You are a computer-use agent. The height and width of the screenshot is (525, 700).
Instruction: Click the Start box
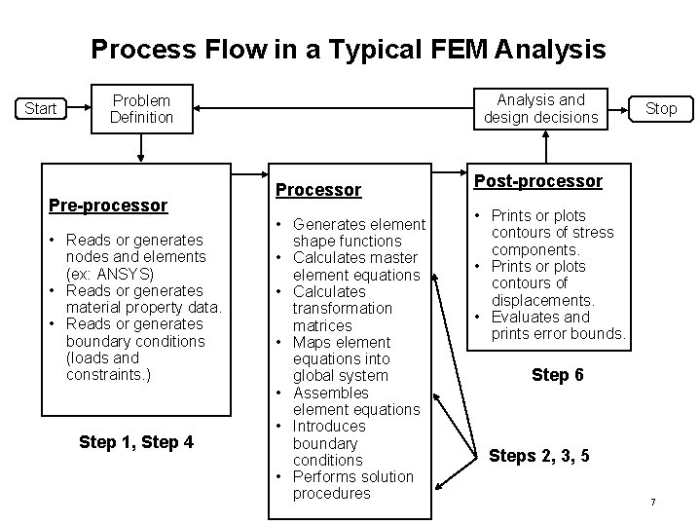point(40,108)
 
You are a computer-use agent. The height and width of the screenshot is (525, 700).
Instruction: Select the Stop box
point(661,108)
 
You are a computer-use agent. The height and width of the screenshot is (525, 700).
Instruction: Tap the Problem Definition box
point(141,109)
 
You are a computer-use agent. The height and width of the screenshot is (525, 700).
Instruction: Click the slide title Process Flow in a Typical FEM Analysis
point(348,49)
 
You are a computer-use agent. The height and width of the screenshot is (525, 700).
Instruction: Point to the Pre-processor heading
point(108,206)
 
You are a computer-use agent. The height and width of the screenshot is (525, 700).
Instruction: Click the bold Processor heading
point(318,190)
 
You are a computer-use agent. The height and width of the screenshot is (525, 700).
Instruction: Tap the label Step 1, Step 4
point(135,442)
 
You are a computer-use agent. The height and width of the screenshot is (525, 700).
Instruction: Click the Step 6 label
point(557,375)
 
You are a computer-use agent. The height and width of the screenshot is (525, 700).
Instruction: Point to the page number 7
point(652,502)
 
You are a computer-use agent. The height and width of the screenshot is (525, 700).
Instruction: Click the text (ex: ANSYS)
point(110,274)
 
